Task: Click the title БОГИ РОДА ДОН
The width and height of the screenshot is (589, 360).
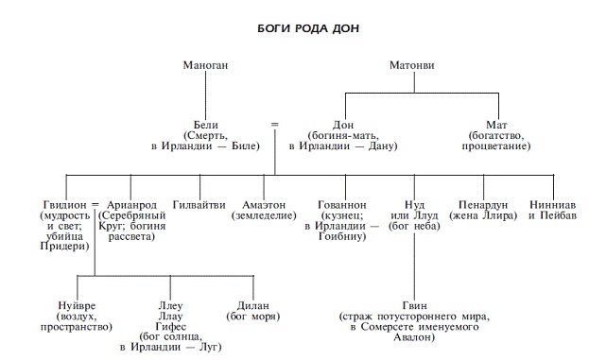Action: (x=294, y=28)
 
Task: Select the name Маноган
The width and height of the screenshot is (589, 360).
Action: (x=206, y=65)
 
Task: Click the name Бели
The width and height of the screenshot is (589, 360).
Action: (x=206, y=125)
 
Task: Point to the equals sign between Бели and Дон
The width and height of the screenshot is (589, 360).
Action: (x=275, y=123)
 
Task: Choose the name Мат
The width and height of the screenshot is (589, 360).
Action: (x=498, y=125)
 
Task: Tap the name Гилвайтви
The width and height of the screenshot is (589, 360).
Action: (x=199, y=204)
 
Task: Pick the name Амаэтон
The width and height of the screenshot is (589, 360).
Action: (x=259, y=204)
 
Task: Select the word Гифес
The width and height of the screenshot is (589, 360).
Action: (x=170, y=327)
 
